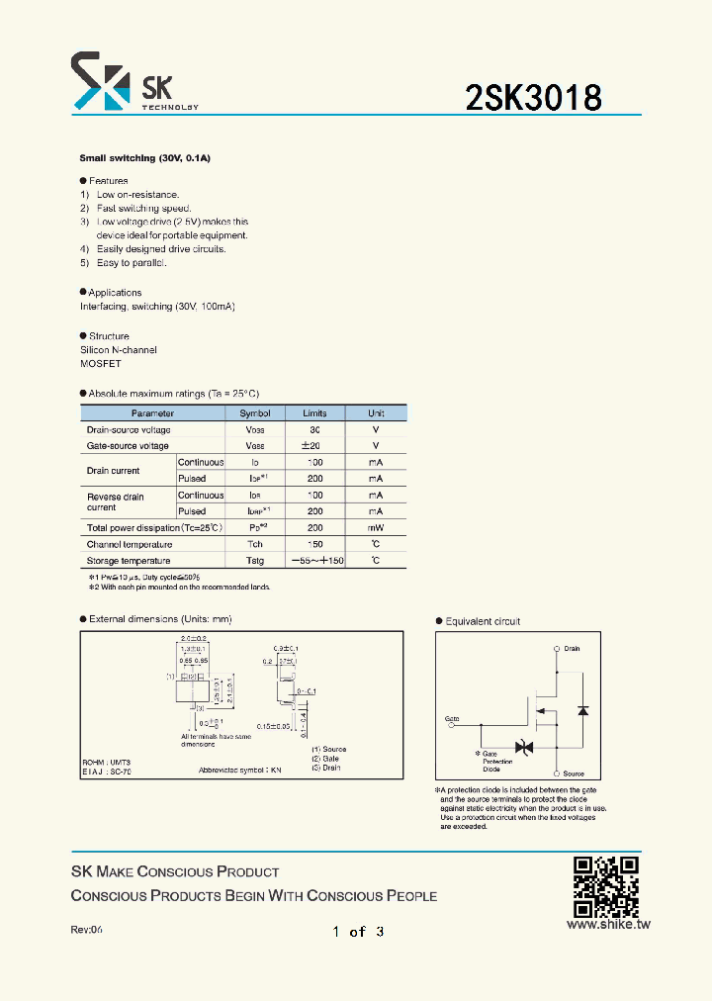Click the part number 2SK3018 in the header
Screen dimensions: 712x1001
click(533, 98)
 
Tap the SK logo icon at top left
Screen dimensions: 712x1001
click(100, 81)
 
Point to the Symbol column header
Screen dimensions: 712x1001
click(255, 413)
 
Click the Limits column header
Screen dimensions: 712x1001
click(314, 413)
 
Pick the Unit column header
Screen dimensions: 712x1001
click(376, 413)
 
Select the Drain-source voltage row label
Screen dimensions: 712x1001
click(129, 430)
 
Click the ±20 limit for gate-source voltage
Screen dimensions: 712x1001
click(314, 446)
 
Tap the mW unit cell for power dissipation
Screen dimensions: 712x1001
click(376, 528)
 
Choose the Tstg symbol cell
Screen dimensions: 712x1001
click(255, 561)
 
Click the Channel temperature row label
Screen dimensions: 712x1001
click(130, 545)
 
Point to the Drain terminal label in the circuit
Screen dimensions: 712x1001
click(572, 649)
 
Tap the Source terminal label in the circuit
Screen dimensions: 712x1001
click(574, 773)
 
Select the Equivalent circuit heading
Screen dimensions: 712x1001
click(483, 622)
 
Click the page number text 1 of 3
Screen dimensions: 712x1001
click(358, 931)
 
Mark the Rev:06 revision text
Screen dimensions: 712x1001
click(87, 931)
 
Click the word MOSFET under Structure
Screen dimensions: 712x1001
click(101, 364)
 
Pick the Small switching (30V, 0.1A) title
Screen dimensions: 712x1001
click(146, 158)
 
